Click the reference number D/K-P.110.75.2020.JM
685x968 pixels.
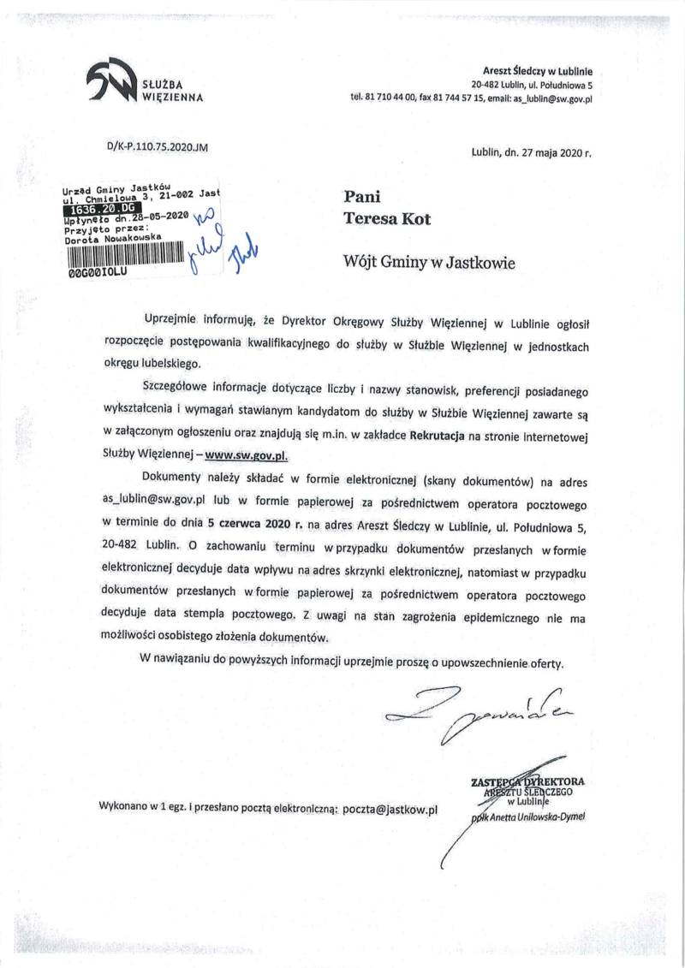(x=158, y=146)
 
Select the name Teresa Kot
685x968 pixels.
(x=387, y=218)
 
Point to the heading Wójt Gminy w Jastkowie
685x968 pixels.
(x=429, y=262)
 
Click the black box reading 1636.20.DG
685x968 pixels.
(x=101, y=208)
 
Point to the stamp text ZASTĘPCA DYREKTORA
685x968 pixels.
(x=527, y=781)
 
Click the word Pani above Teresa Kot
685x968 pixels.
(x=360, y=196)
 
